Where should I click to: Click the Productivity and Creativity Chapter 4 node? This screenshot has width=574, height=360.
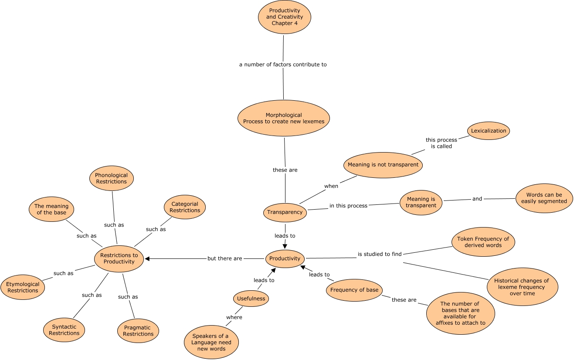(285, 17)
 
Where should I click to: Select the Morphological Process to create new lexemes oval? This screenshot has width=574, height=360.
(284, 118)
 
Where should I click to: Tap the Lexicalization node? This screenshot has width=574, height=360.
(489, 131)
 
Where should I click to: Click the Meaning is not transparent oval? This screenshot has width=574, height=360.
(383, 165)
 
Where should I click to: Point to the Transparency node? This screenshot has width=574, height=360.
(285, 212)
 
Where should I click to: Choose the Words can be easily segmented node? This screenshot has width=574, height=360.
(543, 198)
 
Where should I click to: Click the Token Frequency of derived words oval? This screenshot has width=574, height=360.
(482, 242)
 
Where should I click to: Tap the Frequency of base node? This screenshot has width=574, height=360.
(354, 290)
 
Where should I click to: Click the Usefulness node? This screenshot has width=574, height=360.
(251, 299)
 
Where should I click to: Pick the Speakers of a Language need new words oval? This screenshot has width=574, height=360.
(211, 343)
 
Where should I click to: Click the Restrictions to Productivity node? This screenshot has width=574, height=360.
(119, 258)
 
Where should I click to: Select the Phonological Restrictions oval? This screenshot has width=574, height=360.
(111, 178)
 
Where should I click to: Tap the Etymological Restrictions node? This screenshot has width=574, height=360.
(23, 287)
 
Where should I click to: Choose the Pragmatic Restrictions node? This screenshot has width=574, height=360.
(138, 331)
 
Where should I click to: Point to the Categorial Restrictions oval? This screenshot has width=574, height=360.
(185, 207)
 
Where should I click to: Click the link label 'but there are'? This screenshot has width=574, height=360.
(224, 258)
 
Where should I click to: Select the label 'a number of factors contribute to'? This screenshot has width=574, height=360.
(283, 65)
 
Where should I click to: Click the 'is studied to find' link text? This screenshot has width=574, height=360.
(380, 254)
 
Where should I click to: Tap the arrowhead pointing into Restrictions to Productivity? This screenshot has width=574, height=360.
(147, 258)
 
